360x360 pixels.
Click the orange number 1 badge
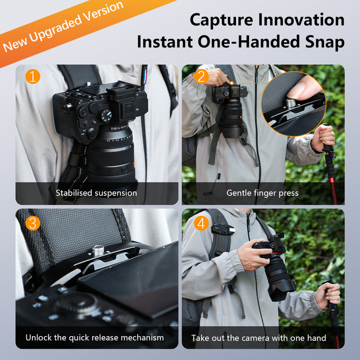coord(32,77)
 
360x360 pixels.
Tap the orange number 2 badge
coord(201,77)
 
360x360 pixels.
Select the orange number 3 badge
coord(32,223)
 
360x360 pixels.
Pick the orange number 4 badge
coord(201,223)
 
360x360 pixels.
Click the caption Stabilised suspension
coord(97,193)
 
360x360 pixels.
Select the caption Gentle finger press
coord(263,193)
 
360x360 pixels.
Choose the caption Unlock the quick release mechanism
coord(95,338)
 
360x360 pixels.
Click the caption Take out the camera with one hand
coord(259,338)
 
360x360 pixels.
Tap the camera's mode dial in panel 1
coord(105,116)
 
